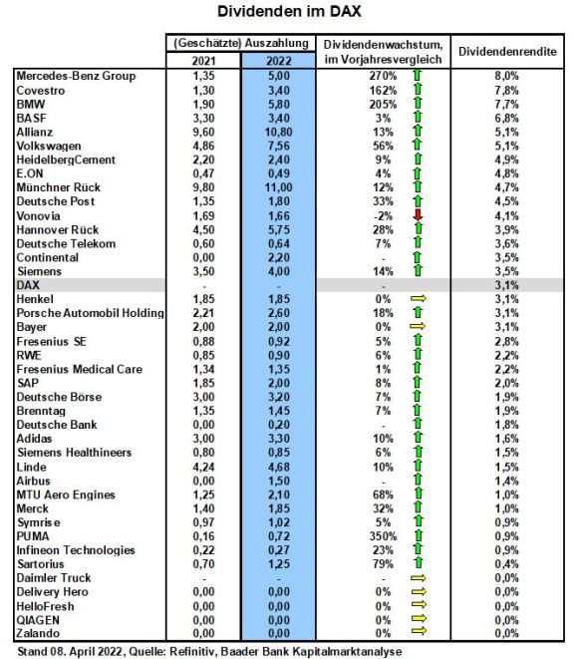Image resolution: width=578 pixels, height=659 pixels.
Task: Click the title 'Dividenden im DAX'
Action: click(x=289, y=11)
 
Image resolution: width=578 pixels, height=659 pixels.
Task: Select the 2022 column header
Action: click(x=278, y=61)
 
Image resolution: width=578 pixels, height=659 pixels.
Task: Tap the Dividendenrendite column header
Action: click(x=507, y=52)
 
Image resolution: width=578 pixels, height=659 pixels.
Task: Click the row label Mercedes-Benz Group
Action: click(x=76, y=76)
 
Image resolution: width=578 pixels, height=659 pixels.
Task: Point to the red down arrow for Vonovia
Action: click(x=418, y=215)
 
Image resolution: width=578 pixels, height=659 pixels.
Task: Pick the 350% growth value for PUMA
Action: click(x=383, y=536)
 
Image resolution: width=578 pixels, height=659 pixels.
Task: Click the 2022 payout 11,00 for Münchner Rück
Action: click(x=278, y=187)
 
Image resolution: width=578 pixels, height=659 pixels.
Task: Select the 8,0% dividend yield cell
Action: click(x=506, y=76)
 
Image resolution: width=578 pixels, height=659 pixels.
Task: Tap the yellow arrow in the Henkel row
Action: click(x=419, y=298)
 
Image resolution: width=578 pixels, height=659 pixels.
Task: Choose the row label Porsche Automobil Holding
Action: click(x=90, y=313)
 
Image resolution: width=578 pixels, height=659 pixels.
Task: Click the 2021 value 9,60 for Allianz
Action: click(x=203, y=132)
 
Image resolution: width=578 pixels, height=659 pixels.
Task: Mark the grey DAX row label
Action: click(x=28, y=285)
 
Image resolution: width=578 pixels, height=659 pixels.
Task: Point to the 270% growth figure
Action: click(x=383, y=76)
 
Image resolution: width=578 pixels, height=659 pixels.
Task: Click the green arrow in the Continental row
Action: click(x=418, y=257)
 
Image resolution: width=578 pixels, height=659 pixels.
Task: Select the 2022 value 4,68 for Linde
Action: click(x=278, y=467)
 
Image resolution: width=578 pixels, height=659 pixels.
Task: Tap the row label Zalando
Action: click(x=38, y=633)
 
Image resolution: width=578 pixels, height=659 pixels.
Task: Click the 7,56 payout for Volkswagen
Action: click(x=278, y=146)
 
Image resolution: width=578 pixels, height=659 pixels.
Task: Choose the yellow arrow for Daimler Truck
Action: click(x=419, y=578)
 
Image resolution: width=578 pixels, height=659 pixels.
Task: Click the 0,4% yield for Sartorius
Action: click(x=506, y=564)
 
